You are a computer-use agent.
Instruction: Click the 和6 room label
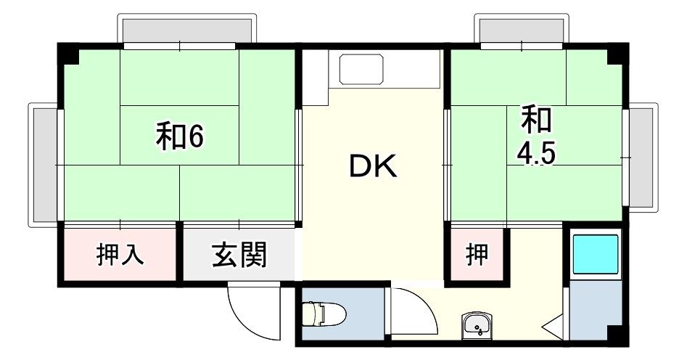[178, 136]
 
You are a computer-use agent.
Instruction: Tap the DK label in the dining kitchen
[373, 167]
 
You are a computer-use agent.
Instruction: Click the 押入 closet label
[120, 255]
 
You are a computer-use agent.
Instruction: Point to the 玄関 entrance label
[239, 255]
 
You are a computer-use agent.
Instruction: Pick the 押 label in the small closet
[477, 255]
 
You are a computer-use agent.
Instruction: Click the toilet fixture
[324, 314]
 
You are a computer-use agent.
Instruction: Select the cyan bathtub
[596, 255]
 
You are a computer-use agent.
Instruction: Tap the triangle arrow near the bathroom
[554, 326]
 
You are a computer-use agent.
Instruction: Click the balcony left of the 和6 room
[44, 165]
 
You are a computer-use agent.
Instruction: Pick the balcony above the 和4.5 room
[520, 30]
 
